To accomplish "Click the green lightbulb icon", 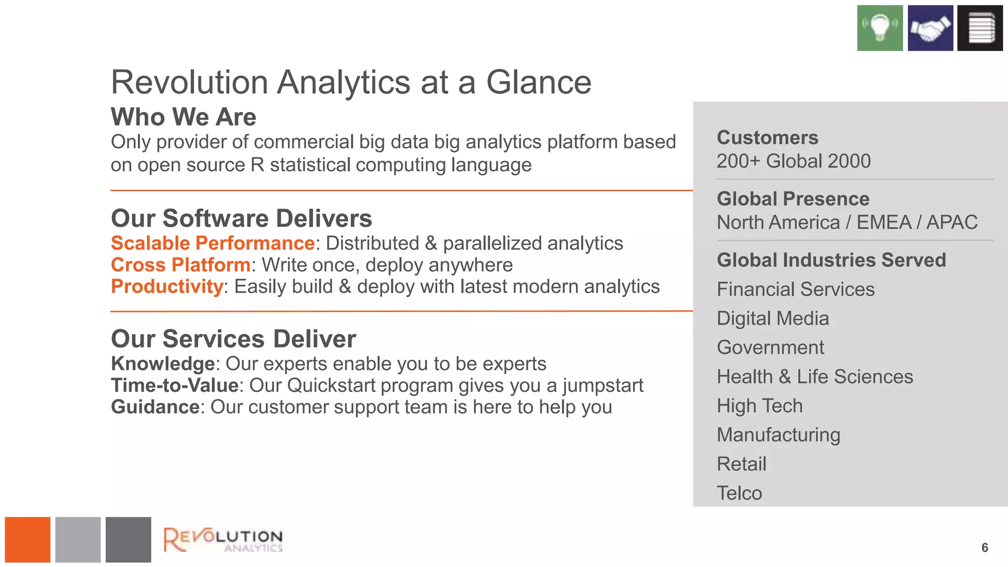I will [x=880, y=28].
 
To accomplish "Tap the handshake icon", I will [x=930, y=28].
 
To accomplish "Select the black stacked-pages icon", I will [x=980, y=28].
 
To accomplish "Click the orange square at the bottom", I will [x=28, y=539].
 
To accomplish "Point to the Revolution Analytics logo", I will [x=223, y=539].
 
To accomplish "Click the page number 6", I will [x=984, y=547].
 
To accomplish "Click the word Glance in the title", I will [x=538, y=82].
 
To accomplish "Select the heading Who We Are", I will [x=184, y=117].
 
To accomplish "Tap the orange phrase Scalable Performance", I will [x=213, y=243].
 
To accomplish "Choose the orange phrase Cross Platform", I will [x=181, y=265].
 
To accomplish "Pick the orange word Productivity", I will [x=167, y=286].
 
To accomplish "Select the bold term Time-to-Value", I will [x=175, y=385].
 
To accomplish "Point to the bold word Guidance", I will [x=155, y=407].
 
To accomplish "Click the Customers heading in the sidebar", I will [x=767, y=138].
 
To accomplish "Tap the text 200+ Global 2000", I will [x=793, y=161].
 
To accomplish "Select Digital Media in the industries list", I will [x=773, y=318].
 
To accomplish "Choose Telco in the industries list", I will [x=739, y=493].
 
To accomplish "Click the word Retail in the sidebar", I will [x=741, y=464].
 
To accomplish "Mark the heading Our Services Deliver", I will [x=233, y=339].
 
